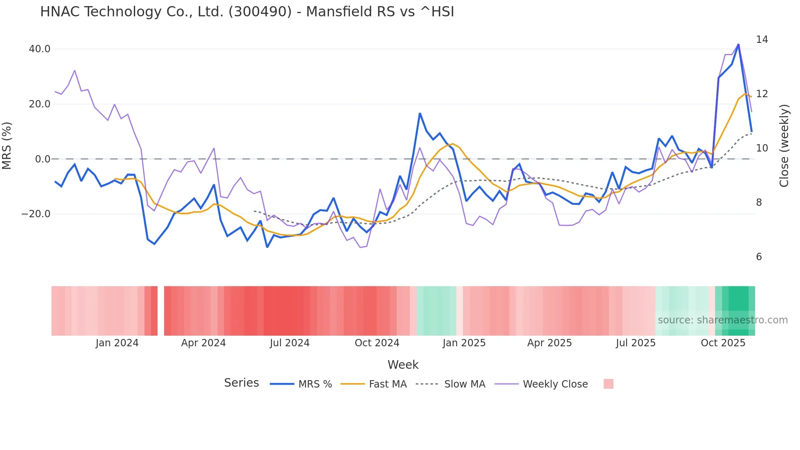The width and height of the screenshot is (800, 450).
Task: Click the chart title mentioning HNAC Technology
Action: coord(247,12)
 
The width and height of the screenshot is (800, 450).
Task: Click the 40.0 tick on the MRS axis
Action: coord(40,49)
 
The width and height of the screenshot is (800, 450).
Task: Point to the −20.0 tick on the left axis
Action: coord(36,214)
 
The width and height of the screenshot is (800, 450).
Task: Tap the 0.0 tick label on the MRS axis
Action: coord(43,159)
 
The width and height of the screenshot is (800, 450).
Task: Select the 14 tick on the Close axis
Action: coord(762,40)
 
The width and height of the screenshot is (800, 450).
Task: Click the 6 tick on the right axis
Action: coord(759,257)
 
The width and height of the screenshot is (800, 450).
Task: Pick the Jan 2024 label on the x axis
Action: coord(117,343)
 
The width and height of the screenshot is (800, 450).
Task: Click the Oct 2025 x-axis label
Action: coord(723,343)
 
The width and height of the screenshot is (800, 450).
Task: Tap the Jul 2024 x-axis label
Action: coord(289,343)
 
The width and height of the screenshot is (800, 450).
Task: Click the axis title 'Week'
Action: coord(403,365)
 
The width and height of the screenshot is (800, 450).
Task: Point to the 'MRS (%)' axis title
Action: coord(7,145)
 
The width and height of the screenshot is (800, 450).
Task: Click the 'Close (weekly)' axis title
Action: coord(784,146)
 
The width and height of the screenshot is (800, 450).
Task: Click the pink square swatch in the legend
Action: coord(608,384)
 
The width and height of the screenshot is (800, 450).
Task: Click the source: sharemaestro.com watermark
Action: coord(722,320)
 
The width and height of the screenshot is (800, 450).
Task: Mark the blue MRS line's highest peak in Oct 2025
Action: coord(738,45)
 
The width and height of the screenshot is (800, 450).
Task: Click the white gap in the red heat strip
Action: coord(161,311)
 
